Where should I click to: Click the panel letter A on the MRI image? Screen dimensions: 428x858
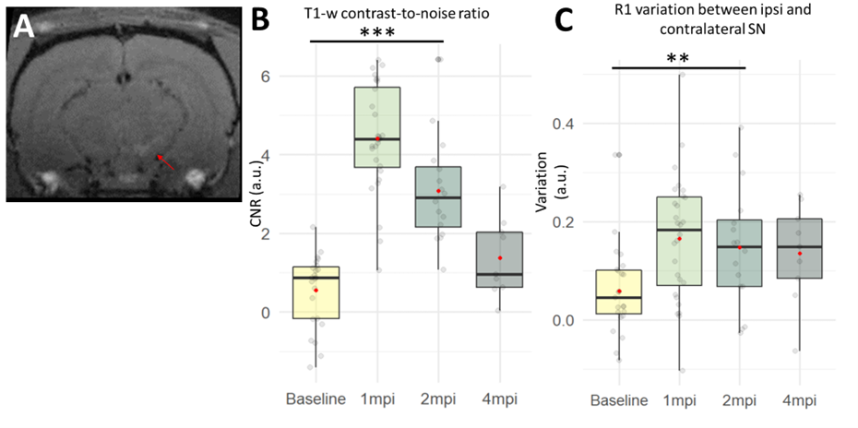24,27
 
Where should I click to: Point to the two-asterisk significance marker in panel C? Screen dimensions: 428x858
678,58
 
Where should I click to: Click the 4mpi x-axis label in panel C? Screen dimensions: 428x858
799,400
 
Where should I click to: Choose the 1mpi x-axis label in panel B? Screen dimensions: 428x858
377,398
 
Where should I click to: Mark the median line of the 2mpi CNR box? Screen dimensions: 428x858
437,197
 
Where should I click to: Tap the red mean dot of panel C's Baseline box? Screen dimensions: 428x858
619,291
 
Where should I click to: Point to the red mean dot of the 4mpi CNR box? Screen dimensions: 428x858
499,258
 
